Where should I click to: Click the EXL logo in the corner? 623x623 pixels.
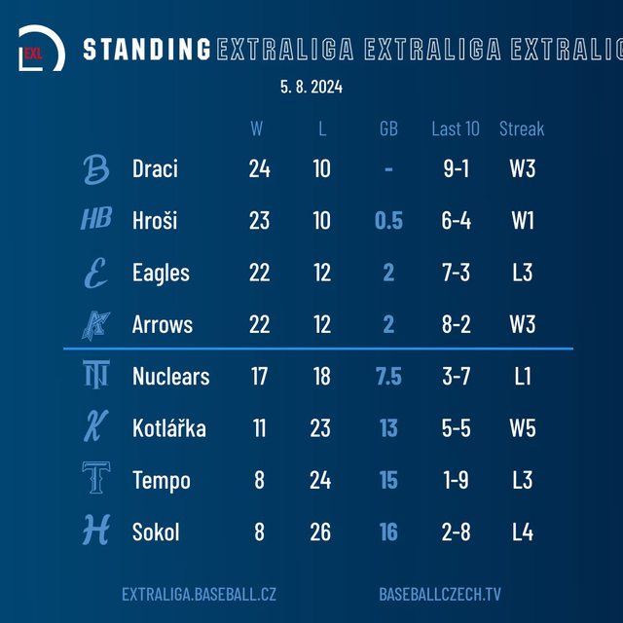tap(42, 49)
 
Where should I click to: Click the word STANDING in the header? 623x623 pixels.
tap(147, 50)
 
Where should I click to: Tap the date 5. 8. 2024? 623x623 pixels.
tap(311, 88)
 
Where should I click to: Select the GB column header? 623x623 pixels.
tap(388, 128)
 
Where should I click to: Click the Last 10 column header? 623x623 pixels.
tap(456, 128)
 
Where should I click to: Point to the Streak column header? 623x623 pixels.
tap(522, 128)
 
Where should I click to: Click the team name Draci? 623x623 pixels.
tap(155, 168)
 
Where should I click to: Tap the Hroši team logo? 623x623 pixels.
tap(96, 220)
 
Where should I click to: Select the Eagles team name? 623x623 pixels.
tap(161, 273)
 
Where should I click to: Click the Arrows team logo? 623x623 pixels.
tap(96, 324)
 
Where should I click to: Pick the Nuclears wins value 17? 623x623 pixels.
tap(259, 377)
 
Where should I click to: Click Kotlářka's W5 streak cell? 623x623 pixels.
tap(523, 428)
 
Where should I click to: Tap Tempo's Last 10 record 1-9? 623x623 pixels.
tap(456, 481)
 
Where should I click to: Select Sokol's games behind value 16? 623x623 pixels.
tap(388, 532)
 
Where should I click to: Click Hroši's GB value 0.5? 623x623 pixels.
tap(388, 221)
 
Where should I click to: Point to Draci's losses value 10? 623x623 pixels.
tap(322, 168)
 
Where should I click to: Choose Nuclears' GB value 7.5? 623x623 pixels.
tap(388, 377)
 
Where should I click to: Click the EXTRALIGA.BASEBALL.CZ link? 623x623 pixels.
tap(199, 594)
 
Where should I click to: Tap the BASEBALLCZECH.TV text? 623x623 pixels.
tap(441, 594)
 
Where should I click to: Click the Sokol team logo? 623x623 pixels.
tap(96, 531)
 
